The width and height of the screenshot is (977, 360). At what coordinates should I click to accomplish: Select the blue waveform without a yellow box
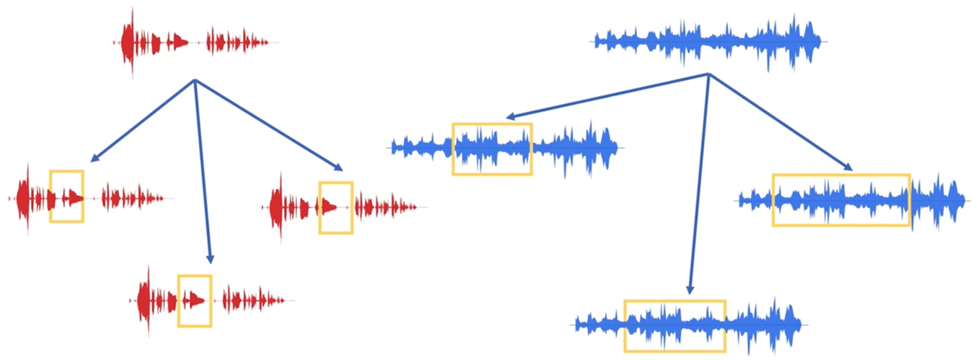(709, 41)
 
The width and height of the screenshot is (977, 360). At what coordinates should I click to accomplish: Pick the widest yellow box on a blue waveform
(840, 200)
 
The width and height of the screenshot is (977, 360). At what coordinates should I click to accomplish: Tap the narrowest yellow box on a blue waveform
(492, 149)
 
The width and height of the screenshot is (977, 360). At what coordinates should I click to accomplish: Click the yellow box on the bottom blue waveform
(674, 326)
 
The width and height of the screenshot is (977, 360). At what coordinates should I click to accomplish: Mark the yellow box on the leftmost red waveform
(67, 196)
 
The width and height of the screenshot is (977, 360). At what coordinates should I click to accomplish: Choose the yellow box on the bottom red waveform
(195, 301)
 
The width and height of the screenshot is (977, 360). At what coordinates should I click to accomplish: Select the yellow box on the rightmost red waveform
(336, 208)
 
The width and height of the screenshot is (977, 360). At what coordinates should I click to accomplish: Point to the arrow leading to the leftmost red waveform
(142, 121)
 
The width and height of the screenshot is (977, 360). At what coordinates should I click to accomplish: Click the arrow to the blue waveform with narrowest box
(607, 96)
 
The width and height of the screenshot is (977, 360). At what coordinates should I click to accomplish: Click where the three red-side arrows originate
(195, 80)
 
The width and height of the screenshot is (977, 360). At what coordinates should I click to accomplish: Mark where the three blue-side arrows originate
(708, 74)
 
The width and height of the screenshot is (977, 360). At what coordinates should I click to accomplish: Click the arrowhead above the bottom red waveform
(210, 259)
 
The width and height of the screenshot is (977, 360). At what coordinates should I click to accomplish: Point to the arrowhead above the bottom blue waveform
(690, 290)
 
